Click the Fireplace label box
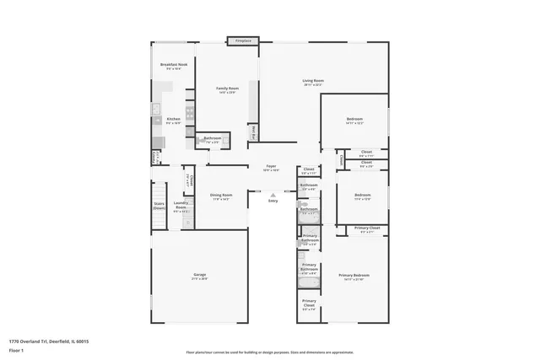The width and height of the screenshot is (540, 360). pos(243,40)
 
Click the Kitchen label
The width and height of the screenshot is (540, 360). pos(173,121)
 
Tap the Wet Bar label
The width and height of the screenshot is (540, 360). pos(254,132)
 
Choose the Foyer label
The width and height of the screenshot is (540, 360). pos(272,168)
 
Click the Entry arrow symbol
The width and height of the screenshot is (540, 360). pos(273,195)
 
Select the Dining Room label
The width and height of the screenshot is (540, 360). pos(221,197)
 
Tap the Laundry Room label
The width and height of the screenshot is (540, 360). pos(181,205)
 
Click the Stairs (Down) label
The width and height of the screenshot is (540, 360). pos(159,205)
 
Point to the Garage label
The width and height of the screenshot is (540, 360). pos(200,276)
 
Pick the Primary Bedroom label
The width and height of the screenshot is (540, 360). pos(354,277)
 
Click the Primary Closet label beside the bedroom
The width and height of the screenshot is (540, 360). pos(367,229)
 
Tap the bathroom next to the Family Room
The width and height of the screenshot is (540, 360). pos(213,140)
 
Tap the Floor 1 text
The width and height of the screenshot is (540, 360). pos(18,350)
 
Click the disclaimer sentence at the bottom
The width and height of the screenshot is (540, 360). pos(270,352)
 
